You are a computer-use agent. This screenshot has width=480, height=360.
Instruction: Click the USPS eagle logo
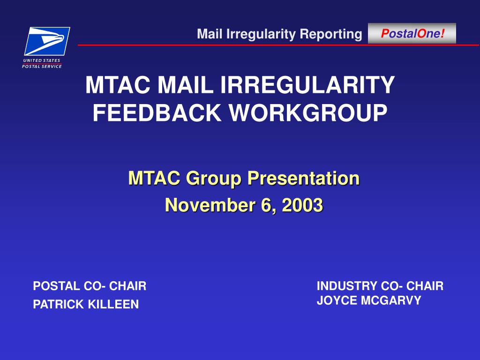pos(47,41)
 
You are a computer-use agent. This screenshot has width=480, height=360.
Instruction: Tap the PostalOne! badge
pos(412,33)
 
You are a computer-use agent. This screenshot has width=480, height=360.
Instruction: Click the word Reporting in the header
pos(331,34)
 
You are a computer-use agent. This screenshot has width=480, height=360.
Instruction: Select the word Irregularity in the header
pos(261,34)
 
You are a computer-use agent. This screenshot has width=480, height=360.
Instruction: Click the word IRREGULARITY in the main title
pos(307,85)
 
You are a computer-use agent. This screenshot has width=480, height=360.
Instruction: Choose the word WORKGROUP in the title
pos(308,113)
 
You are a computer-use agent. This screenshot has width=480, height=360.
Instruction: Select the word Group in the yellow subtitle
pos(213,179)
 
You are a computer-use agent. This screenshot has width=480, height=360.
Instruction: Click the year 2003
pos(302,205)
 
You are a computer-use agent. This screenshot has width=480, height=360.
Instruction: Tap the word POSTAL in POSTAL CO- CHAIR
pos(56,286)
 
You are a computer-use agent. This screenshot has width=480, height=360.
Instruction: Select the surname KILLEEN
pos(113,304)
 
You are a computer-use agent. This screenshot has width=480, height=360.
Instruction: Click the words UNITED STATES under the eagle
pos(42,60)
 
